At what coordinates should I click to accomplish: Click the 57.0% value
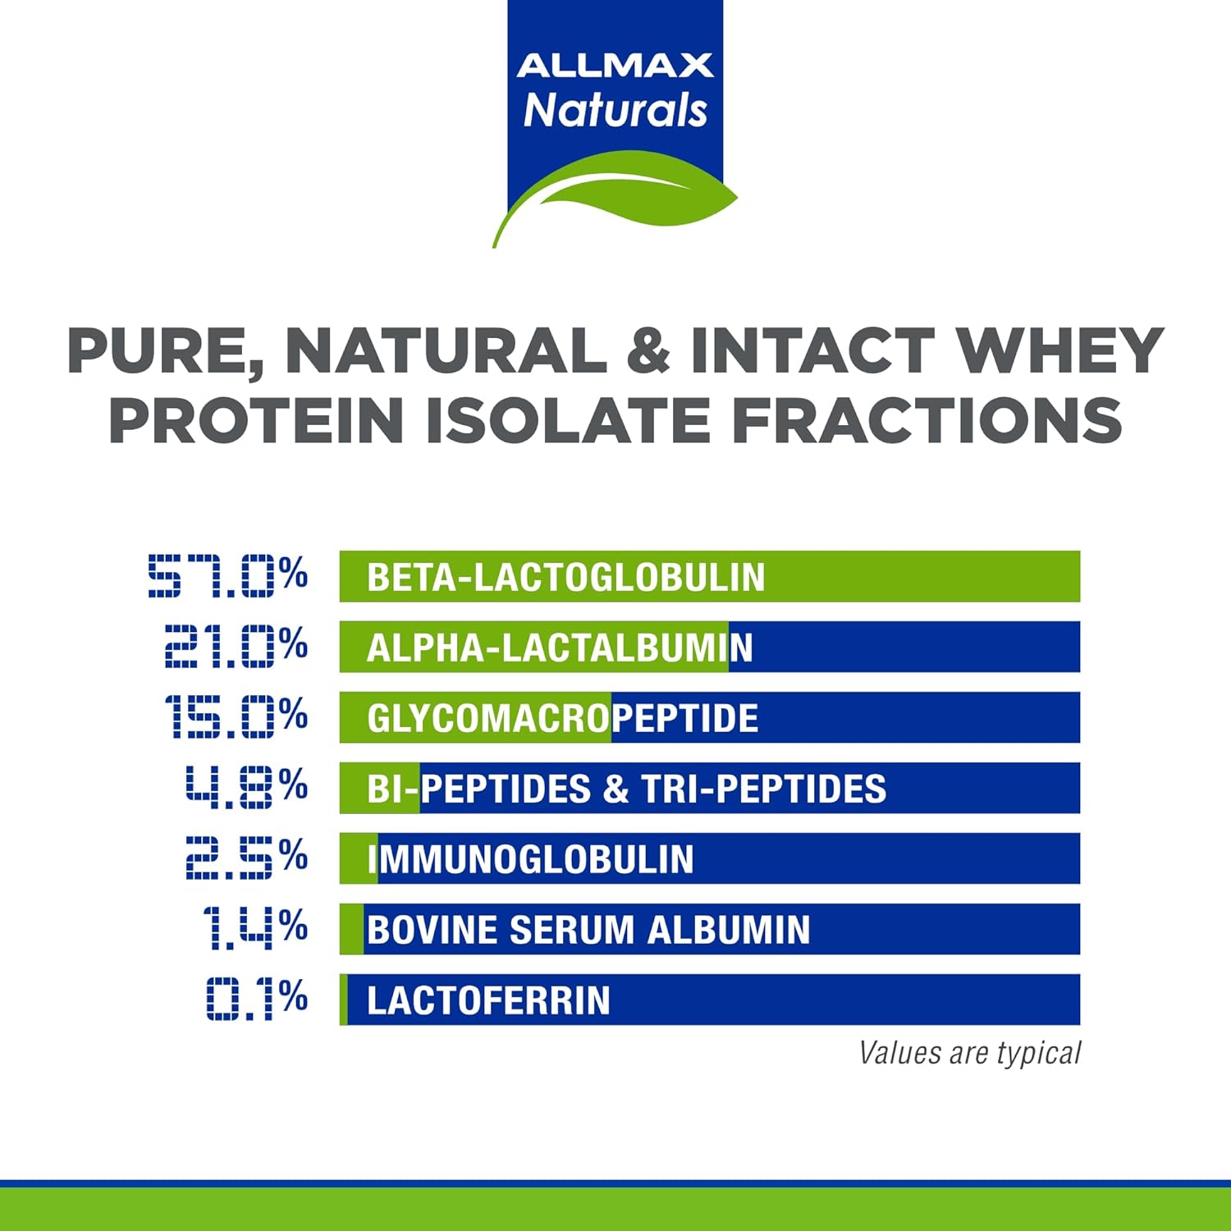coord(227,575)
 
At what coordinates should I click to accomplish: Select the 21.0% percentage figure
coord(236,646)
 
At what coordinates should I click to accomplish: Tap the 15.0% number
coord(236,716)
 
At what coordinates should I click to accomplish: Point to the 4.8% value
coord(246,787)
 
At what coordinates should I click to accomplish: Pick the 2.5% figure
coord(246,858)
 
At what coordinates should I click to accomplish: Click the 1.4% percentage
coord(255,928)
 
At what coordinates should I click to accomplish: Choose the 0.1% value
coord(257,999)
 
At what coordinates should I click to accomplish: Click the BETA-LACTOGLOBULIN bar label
coord(565,577)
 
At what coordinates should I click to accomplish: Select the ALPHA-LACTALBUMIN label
coord(560,648)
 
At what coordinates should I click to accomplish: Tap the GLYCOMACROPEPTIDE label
coord(563,718)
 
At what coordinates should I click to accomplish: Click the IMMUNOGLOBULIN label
coord(531,859)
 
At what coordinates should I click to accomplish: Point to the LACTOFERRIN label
coord(488,1000)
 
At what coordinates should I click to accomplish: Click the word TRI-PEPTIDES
coord(763,789)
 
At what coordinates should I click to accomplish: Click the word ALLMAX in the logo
coord(615,66)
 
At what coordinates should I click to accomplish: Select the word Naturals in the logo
coord(615,110)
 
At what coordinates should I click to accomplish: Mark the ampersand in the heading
coord(648,351)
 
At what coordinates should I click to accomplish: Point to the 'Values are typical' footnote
coord(969,1053)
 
